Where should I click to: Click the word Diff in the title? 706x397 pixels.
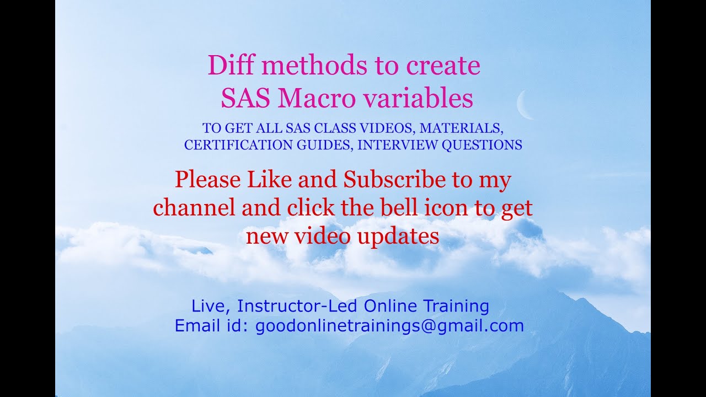[229, 66]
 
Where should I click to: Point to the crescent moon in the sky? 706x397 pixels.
[524, 105]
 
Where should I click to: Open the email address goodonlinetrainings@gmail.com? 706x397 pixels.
[389, 326]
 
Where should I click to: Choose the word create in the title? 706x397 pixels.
[443, 66]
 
